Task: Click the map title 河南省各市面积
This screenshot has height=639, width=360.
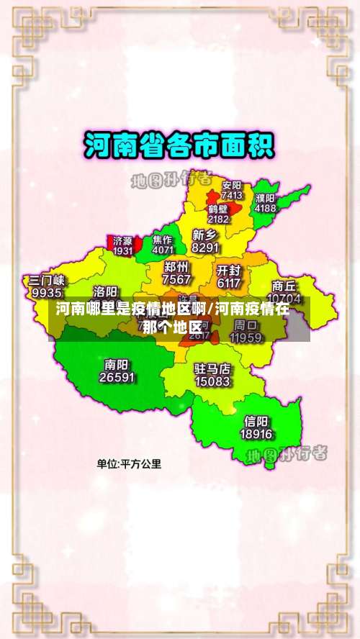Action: pyautogui.click(x=179, y=145)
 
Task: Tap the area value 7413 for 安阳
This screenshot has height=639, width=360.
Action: pyautogui.click(x=232, y=195)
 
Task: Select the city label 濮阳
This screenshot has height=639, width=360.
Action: pyautogui.click(x=265, y=197)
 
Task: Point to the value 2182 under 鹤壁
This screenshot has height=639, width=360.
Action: pyautogui.click(x=218, y=219)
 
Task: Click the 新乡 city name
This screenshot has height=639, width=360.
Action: pyautogui.click(x=205, y=235)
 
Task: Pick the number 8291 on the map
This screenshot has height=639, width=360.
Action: pyautogui.click(x=205, y=248)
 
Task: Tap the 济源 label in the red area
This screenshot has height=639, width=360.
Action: pyautogui.click(x=122, y=240)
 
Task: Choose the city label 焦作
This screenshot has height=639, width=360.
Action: pyautogui.click(x=163, y=240)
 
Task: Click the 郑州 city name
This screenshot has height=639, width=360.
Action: pyautogui.click(x=177, y=267)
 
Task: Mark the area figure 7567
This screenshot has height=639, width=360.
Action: pyautogui.click(x=177, y=279)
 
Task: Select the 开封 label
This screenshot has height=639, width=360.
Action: pyautogui.click(x=228, y=271)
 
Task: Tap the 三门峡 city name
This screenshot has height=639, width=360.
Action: pyautogui.click(x=47, y=280)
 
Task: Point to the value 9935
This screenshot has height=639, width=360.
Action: pyautogui.click(x=47, y=293)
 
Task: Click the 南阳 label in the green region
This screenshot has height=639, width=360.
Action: pyautogui.click(x=117, y=363)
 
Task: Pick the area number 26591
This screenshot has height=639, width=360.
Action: pyautogui.click(x=117, y=376)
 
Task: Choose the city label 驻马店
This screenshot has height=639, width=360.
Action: pyautogui.click(x=212, y=368)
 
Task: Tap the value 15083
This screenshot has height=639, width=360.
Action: pyautogui.click(x=212, y=381)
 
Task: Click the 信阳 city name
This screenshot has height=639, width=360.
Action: pyautogui.click(x=256, y=421)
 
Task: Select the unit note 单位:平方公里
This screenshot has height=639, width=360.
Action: pyautogui.click(x=130, y=464)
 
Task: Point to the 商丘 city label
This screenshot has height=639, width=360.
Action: pyautogui.click(x=284, y=285)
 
